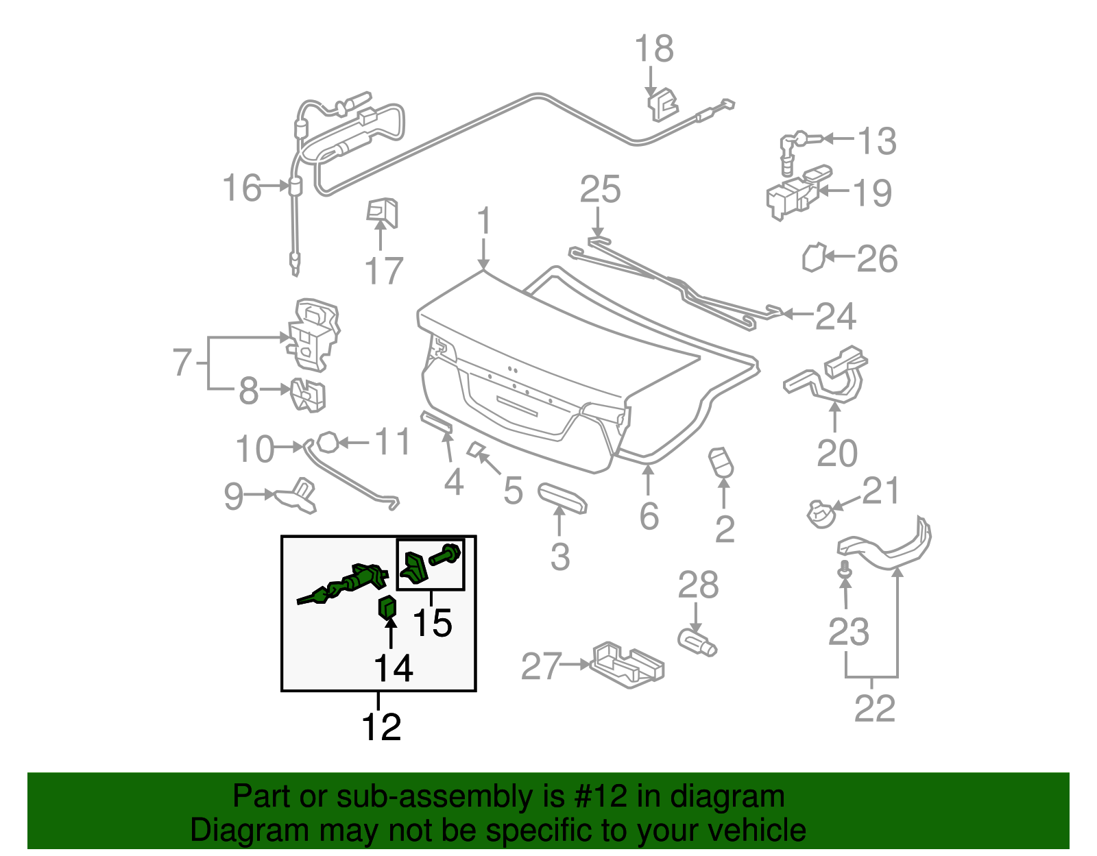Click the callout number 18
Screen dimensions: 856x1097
tap(654, 49)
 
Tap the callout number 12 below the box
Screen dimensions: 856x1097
tap(381, 727)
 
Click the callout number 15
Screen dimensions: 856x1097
tap(433, 622)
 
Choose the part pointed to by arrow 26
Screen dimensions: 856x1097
tap(812, 258)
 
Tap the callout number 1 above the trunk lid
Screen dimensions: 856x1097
tap(484, 221)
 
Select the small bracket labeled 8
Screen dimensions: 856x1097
tap(308, 395)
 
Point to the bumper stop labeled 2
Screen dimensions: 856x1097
tap(721, 463)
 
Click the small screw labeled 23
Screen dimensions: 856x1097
tap(845, 569)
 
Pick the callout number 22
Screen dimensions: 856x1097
tap(875, 709)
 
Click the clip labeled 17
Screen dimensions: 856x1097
tap(383, 212)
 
